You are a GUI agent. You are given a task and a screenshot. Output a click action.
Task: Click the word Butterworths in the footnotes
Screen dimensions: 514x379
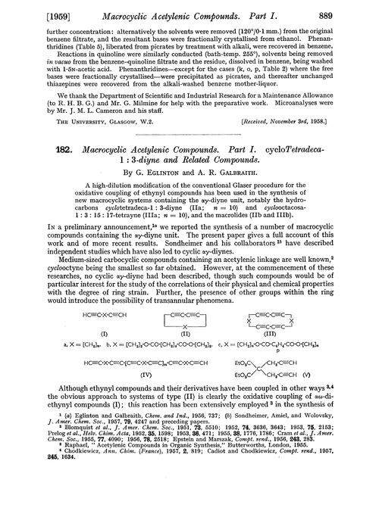coord(251,484)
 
